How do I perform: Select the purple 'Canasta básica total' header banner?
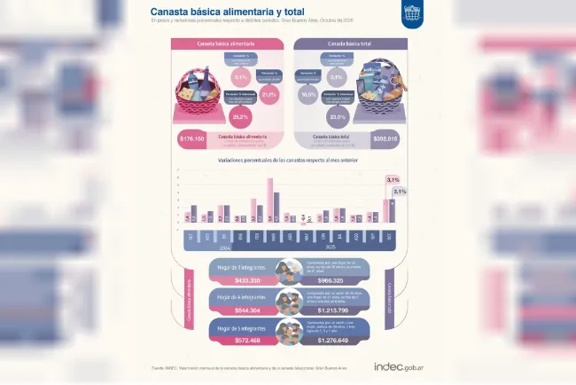pyautogui.click(x=349, y=43)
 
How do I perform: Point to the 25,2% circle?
pyautogui.click(x=239, y=115)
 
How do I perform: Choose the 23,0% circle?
pyautogui.click(x=337, y=115)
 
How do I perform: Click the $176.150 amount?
pyautogui.click(x=191, y=139)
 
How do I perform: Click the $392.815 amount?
pyautogui.click(x=385, y=139)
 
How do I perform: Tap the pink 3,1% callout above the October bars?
pyautogui.click(x=393, y=180)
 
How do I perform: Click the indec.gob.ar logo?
pyautogui.click(x=401, y=365)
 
